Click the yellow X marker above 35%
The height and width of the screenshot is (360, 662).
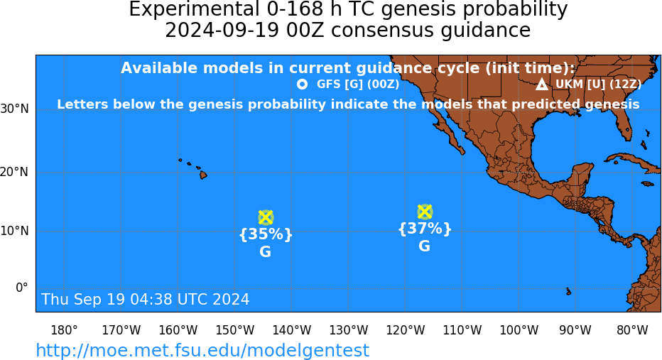[265, 217]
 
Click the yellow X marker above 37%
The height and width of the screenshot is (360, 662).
[424, 212]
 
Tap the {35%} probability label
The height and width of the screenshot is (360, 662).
[266, 234]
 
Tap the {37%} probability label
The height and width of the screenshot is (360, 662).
[425, 229]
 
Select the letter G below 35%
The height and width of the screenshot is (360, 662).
[265, 251]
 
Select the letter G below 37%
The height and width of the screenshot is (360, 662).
[424, 246]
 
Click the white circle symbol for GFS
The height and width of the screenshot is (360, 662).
[302, 84]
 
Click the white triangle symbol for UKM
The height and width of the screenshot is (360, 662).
[542, 84]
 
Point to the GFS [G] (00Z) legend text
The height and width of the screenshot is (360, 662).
[358, 84]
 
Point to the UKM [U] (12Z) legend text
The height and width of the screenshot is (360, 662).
[598, 84]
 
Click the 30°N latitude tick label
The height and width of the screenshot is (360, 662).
[15, 109]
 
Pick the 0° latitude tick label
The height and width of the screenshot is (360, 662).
[22, 288]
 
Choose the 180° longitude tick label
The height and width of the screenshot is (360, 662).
[64, 330]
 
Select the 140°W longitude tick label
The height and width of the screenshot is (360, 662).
[292, 330]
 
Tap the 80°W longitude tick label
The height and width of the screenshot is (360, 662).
[632, 330]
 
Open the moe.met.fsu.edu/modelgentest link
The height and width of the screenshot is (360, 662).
[202, 351]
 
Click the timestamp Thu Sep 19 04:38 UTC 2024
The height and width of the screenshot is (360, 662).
[146, 299]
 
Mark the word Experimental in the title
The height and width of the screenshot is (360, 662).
[194, 10]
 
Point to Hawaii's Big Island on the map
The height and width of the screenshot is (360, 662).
[203, 174]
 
